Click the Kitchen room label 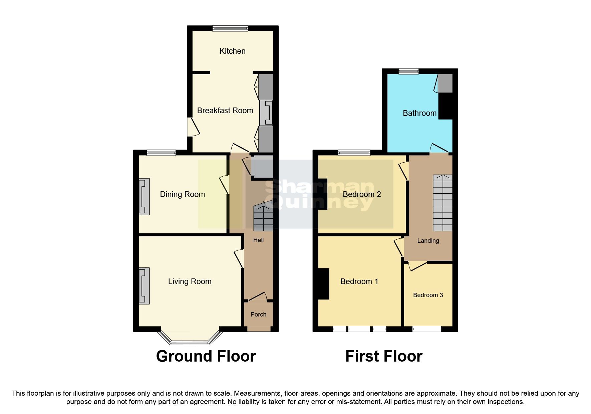point(232,51)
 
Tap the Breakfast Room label point(225,111)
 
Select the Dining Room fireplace point(144,196)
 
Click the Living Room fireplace point(144,286)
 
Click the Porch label point(258,315)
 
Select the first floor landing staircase point(442,203)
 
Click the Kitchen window point(230,29)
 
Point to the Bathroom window point(408,71)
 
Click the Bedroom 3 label point(428,295)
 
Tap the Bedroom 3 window point(427,329)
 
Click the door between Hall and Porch point(258,297)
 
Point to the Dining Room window point(161,153)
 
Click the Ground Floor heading point(206,356)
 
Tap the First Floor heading point(384,356)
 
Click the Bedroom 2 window point(354,153)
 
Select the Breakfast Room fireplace point(266,113)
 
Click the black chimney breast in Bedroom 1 point(323,284)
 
